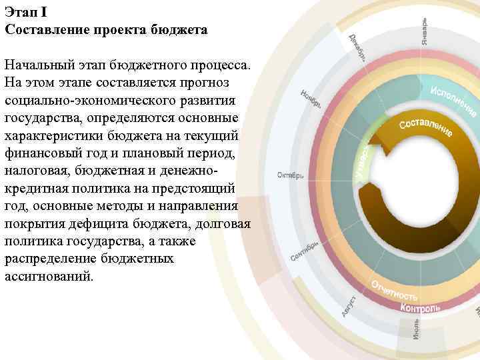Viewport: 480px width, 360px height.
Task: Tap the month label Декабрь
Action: (357, 47)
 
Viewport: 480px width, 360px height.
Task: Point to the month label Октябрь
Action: (291, 175)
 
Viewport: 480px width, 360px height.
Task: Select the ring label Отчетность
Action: (394, 291)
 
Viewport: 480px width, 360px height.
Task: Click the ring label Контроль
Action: (419, 308)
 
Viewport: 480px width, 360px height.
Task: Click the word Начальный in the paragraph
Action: (35, 66)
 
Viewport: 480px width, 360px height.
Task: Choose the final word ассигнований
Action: (50, 275)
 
